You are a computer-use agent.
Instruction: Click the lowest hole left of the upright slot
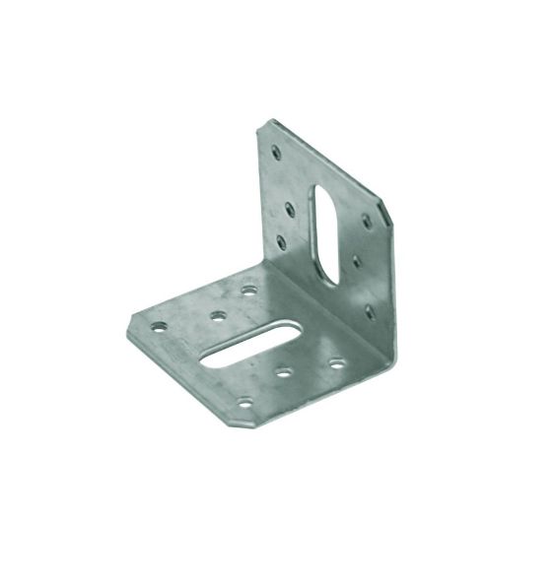(282, 239)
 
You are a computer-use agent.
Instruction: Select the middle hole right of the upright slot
(353, 263)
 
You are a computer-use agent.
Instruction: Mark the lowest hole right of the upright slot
(370, 311)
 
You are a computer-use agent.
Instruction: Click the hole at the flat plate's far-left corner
(157, 323)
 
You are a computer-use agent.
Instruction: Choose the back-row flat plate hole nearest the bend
(250, 291)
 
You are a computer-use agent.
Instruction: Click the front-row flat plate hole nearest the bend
(336, 363)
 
